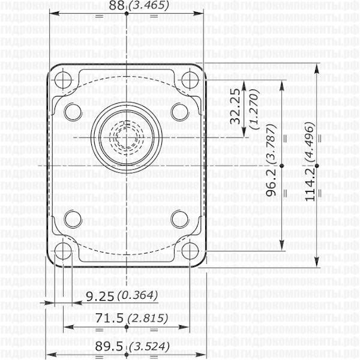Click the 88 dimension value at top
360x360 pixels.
point(119,5)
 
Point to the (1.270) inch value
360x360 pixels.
point(253,110)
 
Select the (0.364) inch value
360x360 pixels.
point(137,295)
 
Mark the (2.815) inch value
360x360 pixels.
point(149,318)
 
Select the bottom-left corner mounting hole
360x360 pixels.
point(63,250)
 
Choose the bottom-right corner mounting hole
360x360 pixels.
point(191,250)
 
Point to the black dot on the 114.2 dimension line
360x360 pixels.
point(316,164)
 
